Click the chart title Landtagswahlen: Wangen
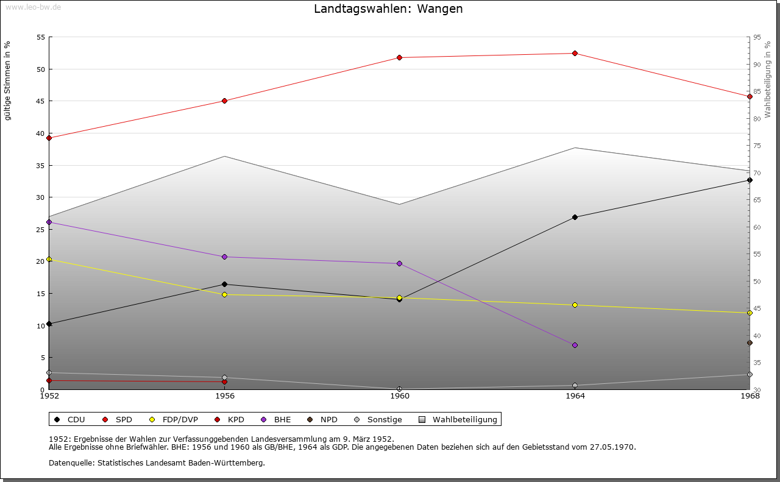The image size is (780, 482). point(388,9)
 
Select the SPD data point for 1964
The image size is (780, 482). point(575,54)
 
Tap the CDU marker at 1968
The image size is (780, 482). point(750,180)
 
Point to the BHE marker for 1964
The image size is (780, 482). point(575,345)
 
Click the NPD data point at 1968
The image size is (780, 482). point(750,342)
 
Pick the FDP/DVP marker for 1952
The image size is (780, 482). point(49,259)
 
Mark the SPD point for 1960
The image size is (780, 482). point(400,57)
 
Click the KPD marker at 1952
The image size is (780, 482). point(49,381)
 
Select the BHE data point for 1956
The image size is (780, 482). point(224,257)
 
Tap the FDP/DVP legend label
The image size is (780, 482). point(180,419)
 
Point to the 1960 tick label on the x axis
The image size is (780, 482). point(400,396)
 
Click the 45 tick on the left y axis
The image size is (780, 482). point(40,101)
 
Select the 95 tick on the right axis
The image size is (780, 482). point(757,37)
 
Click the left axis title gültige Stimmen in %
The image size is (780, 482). point(7,80)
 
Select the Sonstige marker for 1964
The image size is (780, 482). point(575,385)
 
